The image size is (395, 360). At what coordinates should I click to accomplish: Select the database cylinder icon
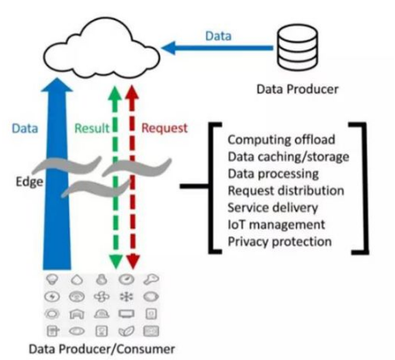click(297, 47)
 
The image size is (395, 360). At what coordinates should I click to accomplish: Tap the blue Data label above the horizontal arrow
click(218, 36)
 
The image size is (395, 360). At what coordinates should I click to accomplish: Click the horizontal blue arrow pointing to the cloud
click(217, 47)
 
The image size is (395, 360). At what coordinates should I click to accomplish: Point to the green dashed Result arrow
click(115, 177)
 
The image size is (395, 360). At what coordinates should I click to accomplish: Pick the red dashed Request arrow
click(132, 177)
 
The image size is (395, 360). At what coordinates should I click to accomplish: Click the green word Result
click(92, 128)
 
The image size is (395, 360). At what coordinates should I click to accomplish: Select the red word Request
click(165, 128)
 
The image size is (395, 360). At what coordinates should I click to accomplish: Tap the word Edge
click(29, 182)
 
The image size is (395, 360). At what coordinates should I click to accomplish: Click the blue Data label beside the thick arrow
click(25, 128)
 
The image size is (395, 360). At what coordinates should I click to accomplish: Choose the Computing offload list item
click(282, 139)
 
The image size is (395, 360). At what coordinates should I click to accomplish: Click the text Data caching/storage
click(288, 157)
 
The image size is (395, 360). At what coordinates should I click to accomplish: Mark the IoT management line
click(276, 224)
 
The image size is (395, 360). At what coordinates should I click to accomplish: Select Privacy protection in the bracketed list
click(280, 242)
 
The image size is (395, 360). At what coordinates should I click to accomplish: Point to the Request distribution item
click(286, 191)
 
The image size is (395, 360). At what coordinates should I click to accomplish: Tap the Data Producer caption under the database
click(297, 89)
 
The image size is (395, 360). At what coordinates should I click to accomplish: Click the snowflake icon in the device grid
click(127, 297)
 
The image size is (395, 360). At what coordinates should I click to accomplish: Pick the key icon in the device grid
click(151, 279)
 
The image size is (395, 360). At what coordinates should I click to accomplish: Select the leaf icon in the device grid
click(127, 331)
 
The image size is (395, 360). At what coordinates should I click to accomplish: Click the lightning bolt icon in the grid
click(52, 297)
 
